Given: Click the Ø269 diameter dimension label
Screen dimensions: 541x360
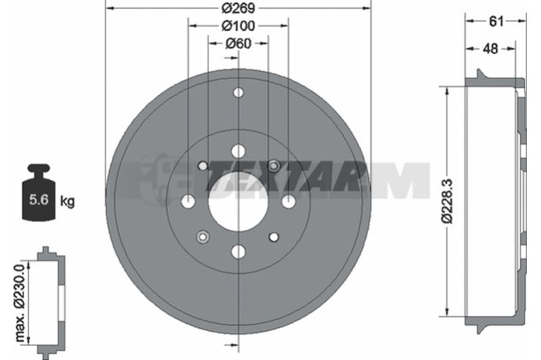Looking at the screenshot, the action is (x=238, y=8).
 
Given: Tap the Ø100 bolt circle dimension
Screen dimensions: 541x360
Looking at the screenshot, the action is (x=238, y=26).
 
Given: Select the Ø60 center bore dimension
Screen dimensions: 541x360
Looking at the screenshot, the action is (x=238, y=43).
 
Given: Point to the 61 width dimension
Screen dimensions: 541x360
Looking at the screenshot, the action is (x=496, y=22).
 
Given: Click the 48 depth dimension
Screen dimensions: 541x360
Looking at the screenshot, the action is (x=490, y=49).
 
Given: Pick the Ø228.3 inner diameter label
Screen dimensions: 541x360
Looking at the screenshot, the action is (x=448, y=201).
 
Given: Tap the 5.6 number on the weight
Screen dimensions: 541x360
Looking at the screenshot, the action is (x=39, y=200).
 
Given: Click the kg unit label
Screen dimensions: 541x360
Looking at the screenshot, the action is (x=67, y=200).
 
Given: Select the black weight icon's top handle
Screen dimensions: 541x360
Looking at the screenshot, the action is (x=39, y=171).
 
